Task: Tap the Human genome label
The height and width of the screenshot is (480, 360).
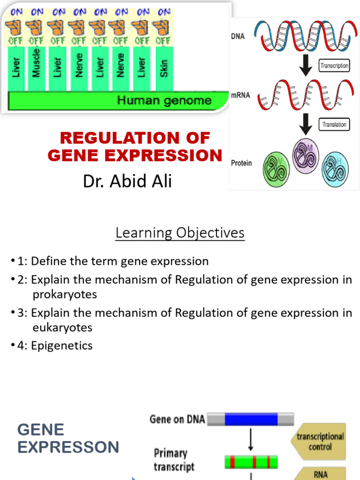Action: tap(164, 100)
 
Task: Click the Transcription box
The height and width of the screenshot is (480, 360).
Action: tap(334, 66)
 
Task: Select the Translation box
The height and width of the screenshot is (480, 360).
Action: tap(334, 125)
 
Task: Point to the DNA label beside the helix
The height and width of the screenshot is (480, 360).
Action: tap(238, 36)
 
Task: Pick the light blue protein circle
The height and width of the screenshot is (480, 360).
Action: tap(335, 169)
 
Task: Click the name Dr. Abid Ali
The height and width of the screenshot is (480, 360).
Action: tap(127, 181)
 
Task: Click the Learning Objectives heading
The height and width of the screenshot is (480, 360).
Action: tap(180, 232)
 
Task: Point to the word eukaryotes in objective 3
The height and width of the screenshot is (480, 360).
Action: tap(62, 327)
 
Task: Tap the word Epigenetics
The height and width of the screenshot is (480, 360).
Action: tap(62, 346)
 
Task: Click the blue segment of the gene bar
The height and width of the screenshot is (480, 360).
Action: tap(251, 419)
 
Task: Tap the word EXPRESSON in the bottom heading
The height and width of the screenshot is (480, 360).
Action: tap(68, 447)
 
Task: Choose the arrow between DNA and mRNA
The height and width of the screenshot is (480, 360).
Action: tap(306, 66)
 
